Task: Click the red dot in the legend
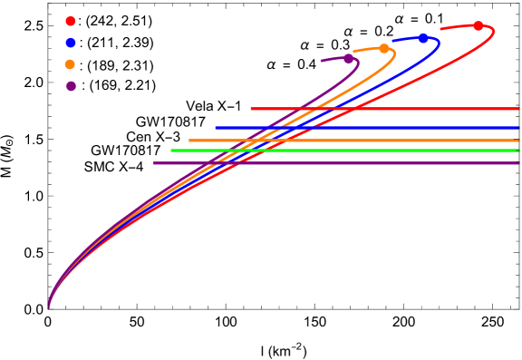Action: coord(71,21)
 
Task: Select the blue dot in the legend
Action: coord(71,43)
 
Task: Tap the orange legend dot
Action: coord(71,64)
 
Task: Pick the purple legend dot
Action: coord(71,86)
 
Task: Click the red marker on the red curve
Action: coord(478,25)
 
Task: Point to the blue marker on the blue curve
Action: coord(423,38)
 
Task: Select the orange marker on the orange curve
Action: coord(384,48)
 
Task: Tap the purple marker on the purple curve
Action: coord(348,58)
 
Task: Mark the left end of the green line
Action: coord(171,151)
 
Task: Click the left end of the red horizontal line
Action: coord(251,109)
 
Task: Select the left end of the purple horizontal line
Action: coord(154,163)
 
